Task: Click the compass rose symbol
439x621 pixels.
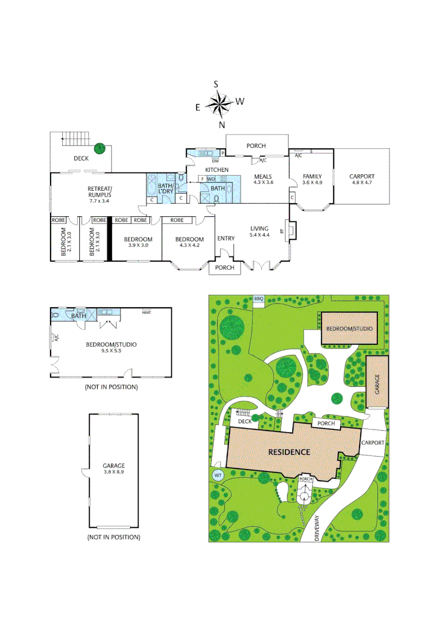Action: pos(219,104)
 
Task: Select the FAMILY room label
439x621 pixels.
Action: pos(312,177)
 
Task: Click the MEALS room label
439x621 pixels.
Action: pos(262,177)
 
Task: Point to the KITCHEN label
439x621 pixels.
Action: pos(217,170)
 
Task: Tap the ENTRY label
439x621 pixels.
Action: pos(226,239)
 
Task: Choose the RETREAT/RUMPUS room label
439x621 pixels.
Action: pos(100,189)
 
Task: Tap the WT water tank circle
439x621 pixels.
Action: pos(218,475)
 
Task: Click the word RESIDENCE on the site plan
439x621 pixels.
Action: pos(289,452)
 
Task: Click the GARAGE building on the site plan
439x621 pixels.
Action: pos(377,381)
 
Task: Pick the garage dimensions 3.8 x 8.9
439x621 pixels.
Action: pos(113,472)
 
